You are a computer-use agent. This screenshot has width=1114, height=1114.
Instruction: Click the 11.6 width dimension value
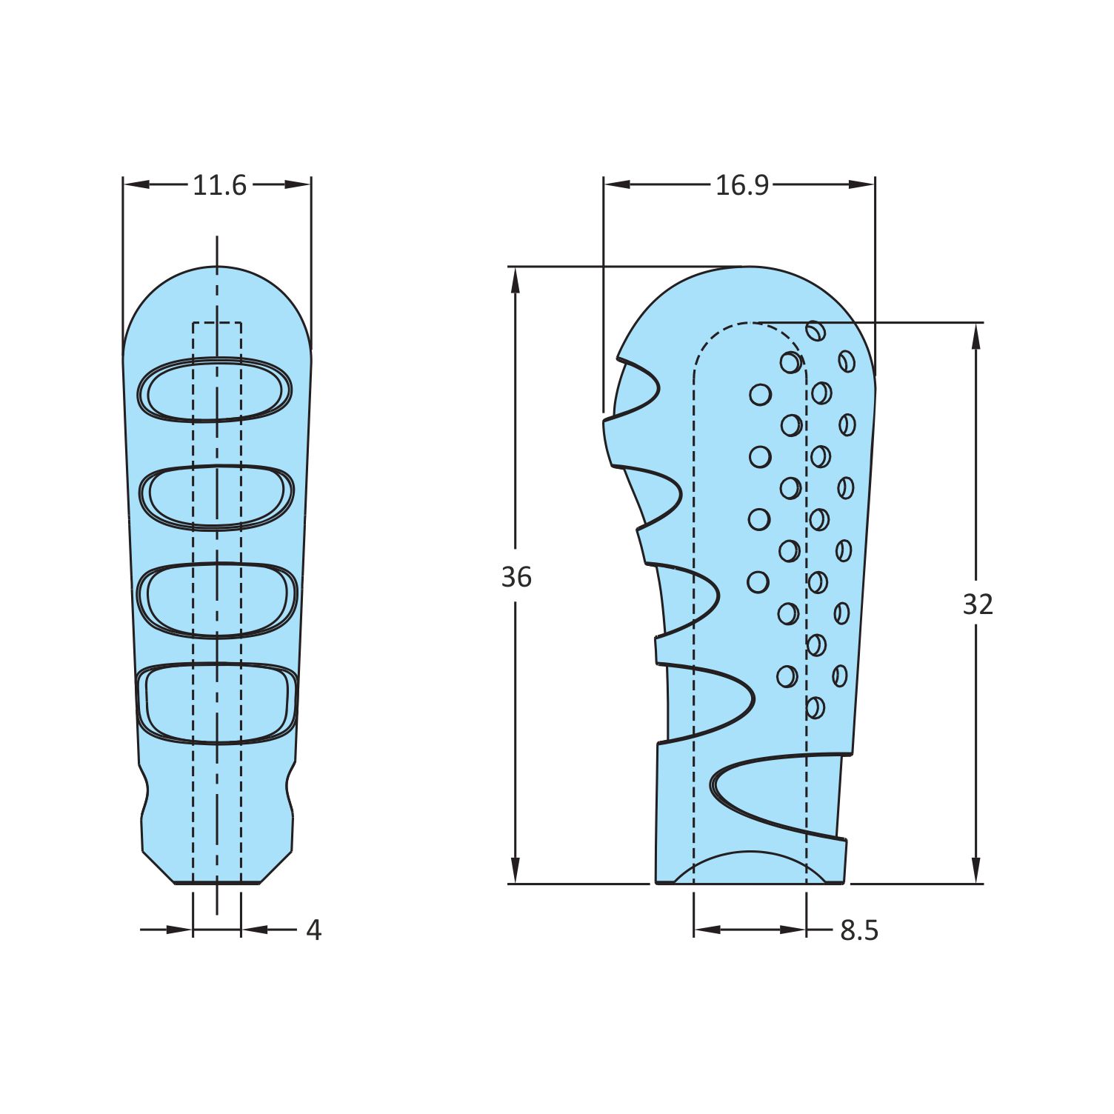[x=219, y=185]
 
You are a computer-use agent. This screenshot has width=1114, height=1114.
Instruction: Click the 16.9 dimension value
[x=741, y=185]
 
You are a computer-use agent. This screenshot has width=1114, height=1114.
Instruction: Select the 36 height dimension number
[x=516, y=576]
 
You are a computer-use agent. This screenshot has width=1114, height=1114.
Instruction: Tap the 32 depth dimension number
[x=977, y=604]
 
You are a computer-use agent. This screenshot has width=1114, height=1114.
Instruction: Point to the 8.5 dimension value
[x=859, y=930]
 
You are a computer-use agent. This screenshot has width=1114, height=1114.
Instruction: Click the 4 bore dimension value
[x=314, y=930]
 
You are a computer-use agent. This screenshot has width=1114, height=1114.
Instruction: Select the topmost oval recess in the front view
[x=216, y=390]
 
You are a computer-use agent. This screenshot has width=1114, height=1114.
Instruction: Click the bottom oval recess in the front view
[x=217, y=702]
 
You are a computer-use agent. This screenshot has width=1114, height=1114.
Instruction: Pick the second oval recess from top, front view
[x=216, y=496]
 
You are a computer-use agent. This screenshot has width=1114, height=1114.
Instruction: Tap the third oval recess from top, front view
[x=217, y=599]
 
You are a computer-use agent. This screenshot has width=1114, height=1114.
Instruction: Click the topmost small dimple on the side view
[x=816, y=330]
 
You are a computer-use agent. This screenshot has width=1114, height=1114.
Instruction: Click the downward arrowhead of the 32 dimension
[x=976, y=871]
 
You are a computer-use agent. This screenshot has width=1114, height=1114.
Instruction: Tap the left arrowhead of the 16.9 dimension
[x=616, y=184]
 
